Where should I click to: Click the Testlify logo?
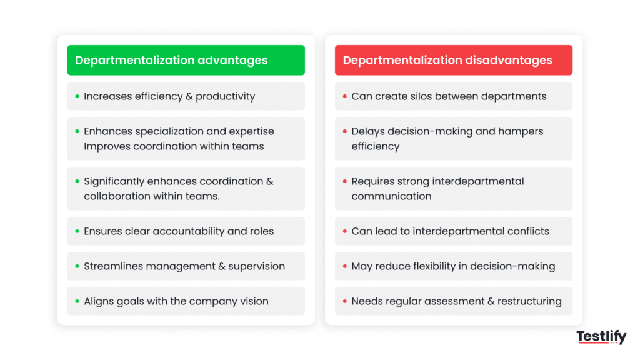pyautogui.click(x=601, y=337)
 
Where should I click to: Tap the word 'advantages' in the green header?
pyautogui.click(x=232, y=61)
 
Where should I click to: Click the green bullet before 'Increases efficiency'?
pyautogui.click(x=77, y=96)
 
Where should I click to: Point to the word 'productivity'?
pyautogui.click(x=225, y=96)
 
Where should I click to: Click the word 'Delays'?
pyautogui.click(x=369, y=131)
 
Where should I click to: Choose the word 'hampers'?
pyautogui.click(x=522, y=131)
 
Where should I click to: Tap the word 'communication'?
pyautogui.click(x=391, y=196)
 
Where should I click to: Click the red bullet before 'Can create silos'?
pyautogui.click(x=344, y=96)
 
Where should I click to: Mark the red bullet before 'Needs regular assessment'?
pyautogui.click(x=344, y=301)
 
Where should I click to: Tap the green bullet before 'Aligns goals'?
pyautogui.click(x=77, y=301)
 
